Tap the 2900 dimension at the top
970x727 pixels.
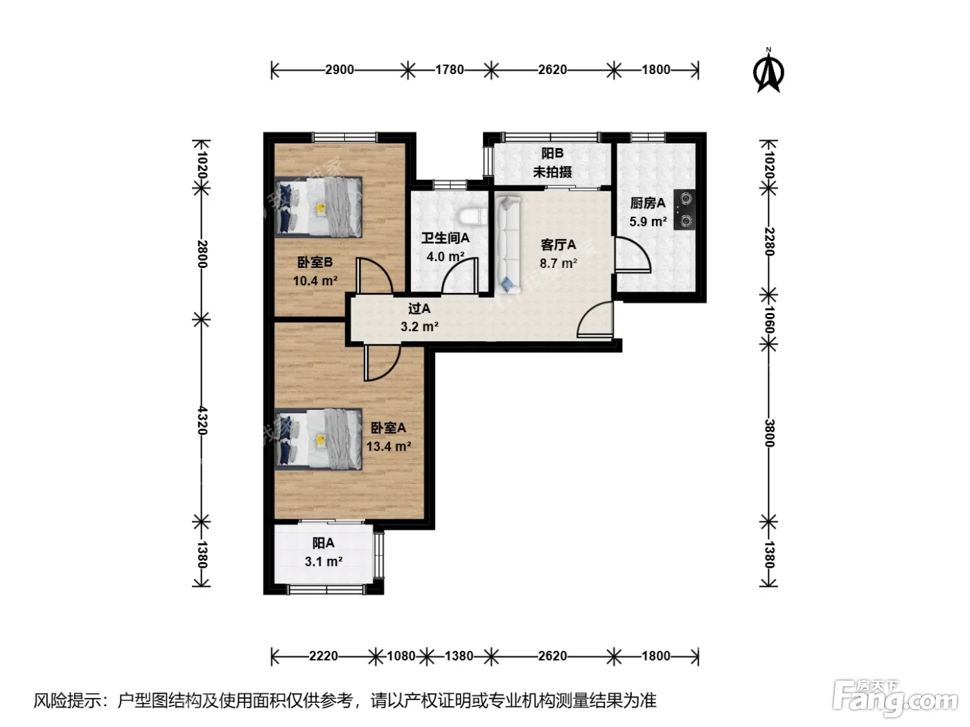pos(339,70)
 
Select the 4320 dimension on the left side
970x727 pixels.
pos(202,420)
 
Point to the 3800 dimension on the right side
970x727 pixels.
pos(769,433)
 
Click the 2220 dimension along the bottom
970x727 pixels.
pos(324,656)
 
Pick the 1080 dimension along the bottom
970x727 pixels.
pos(401,656)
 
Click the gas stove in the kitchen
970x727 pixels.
pos(685,210)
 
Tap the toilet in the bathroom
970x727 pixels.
pos(473,217)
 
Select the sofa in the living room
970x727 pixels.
pos(508,245)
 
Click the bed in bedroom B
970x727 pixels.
pos(318,208)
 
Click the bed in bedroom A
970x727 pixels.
pos(318,439)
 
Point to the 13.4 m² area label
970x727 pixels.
pos(389,447)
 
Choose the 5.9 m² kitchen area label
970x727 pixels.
pos(648,221)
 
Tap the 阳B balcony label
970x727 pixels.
pos(552,153)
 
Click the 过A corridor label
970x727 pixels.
pos(419,308)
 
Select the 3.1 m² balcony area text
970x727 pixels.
pos(324,562)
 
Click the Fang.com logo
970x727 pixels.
pos(895,697)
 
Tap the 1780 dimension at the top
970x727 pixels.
pos(450,70)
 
